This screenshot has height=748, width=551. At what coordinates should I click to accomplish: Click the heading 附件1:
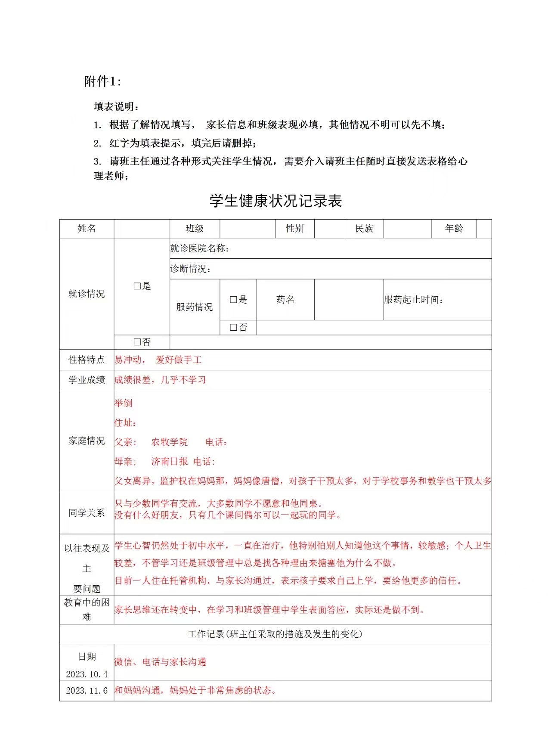(102, 81)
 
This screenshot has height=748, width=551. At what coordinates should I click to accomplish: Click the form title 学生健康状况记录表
(275, 201)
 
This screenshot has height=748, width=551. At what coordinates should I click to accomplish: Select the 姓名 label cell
(87, 229)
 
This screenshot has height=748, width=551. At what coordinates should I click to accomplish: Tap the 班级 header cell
(195, 229)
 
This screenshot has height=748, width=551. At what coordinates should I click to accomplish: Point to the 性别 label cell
(295, 229)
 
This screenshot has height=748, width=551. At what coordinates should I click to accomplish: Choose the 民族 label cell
(364, 229)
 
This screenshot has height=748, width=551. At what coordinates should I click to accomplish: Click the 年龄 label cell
(454, 229)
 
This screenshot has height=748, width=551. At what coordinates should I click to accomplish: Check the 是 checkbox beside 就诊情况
(137, 286)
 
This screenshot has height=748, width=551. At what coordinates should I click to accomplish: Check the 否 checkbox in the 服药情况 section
(234, 328)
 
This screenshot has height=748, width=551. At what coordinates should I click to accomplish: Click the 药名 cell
(285, 300)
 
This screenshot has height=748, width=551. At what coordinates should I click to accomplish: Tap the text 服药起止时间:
(414, 300)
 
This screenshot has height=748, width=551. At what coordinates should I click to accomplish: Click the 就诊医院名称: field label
(200, 248)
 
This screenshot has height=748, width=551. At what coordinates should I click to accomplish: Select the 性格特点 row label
(87, 360)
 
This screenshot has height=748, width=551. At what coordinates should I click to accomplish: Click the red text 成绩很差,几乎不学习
(160, 380)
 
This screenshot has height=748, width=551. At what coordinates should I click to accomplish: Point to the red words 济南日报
(170, 462)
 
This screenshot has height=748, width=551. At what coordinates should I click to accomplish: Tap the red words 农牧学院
(170, 442)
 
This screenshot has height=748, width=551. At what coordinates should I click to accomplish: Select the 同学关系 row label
(87, 513)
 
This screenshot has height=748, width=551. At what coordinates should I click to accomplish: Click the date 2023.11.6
(87, 691)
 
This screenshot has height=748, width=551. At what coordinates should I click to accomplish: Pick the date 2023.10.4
(87, 674)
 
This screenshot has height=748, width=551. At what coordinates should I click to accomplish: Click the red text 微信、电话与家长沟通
(160, 662)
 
